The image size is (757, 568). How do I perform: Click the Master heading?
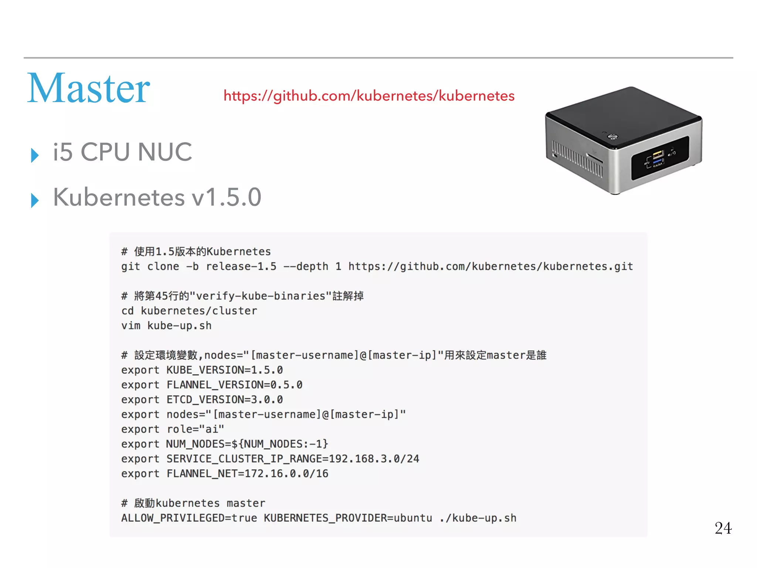(x=89, y=89)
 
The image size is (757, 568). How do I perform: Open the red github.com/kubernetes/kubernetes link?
(x=369, y=96)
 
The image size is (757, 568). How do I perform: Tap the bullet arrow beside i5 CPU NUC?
(x=35, y=155)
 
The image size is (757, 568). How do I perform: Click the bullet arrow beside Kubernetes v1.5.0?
(x=35, y=200)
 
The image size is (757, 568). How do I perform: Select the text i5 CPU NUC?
(x=122, y=152)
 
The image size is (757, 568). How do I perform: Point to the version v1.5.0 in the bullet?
(x=226, y=197)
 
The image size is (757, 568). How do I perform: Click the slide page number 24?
(x=723, y=528)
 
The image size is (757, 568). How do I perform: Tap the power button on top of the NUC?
(x=612, y=137)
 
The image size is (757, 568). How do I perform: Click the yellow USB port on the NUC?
(x=658, y=154)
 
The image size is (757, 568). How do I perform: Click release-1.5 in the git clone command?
(x=241, y=267)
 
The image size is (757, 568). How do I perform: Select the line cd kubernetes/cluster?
(x=189, y=311)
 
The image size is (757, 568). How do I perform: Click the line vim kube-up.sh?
(x=166, y=326)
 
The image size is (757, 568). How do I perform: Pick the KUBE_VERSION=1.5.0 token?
(x=225, y=370)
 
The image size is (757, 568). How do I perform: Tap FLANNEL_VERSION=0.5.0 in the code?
(x=234, y=385)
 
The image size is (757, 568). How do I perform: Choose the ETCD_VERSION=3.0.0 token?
(x=225, y=400)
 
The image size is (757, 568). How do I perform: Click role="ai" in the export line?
(x=196, y=429)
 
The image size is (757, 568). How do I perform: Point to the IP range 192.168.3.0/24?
(x=374, y=459)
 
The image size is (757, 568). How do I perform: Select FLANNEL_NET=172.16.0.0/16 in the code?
(x=247, y=474)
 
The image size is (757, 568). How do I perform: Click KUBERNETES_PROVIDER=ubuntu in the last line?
(x=348, y=518)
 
